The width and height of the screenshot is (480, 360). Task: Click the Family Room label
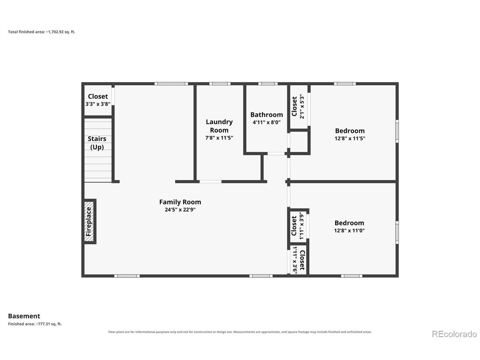pyautogui.click(x=180, y=202)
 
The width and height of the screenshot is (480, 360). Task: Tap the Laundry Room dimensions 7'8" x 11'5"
pyautogui.click(x=219, y=138)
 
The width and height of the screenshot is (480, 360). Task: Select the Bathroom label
pyautogui.click(x=267, y=114)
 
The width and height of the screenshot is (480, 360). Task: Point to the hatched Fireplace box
pyautogui.click(x=89, y=221)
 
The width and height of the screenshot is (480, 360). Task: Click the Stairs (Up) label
pyautogui.click(x=97, y=143)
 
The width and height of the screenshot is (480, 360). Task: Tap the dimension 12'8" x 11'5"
pyautogui.click(x=349, y=138)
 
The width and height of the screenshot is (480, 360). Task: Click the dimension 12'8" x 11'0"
pyautogui.click(x=349, y=230)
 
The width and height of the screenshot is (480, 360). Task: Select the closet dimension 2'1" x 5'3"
pyautogui.click(x=302, y=106)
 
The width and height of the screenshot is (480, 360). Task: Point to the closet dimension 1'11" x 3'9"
pyautogui.click(x=301, y=226)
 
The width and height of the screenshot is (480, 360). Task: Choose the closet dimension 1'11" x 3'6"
pyautogui.click(x=295, y=259)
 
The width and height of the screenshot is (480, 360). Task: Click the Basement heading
pyautogui.click(x=24, y=316)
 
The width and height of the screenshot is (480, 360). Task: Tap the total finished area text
pyautogui.click(x=42, y=32)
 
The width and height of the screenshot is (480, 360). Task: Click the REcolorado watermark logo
pyautogui.click(x=454, y=334)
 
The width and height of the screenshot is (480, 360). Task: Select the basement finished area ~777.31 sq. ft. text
pyautogui.click(x=35, y=324)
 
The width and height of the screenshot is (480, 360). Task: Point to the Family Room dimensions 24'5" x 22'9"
pyautogui.click(x=180, y=210)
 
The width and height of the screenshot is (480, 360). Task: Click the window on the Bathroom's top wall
pyautogui.click(x=268, y=84)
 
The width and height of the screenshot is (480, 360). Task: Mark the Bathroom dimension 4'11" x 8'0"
pyautogui.click(x=267, y=122)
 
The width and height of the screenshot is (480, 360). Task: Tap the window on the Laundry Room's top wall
pyautogui.click(x=220, y=84)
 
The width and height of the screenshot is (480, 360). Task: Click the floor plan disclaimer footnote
pyautogui.click(x=240, y=332)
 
